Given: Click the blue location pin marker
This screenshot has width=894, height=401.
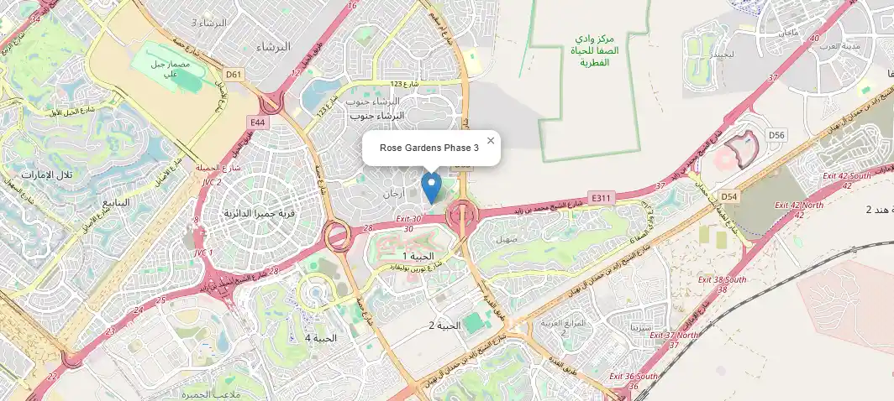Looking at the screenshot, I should (x=431, y=187).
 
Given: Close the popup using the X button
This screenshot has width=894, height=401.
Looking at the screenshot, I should (x=491, y=141).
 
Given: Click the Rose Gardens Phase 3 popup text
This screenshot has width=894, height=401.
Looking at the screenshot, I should (x=429, y=148).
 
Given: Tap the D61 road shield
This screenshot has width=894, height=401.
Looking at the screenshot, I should (x=234, y=75).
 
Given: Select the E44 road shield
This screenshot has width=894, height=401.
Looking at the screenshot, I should (x=257, y=122).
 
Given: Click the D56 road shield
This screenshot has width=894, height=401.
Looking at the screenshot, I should (x=776, y=135).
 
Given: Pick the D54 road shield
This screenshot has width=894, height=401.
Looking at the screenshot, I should (x=728, y=196).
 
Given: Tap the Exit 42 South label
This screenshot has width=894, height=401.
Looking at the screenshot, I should (x=847, y=175).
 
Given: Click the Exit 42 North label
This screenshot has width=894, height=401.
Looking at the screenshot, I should (x=799, y=205).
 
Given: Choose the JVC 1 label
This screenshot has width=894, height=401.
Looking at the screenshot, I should (x=204, y=253).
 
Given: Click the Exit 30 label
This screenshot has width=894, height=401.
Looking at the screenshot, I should (x=407, y=219).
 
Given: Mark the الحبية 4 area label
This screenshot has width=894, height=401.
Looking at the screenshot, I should (x=320, y=338).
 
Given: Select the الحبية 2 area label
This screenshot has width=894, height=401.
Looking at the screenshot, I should (x=444, y=325).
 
